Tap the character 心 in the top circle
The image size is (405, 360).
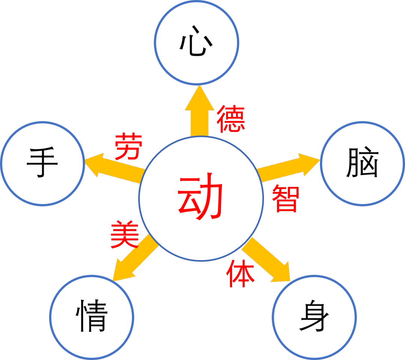click(196, 46)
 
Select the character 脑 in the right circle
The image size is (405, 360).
click(362, 163)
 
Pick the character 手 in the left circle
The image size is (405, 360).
click(42, 163)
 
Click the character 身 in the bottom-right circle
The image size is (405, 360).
click(314, 317)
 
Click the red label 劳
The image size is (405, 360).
click(129, 146)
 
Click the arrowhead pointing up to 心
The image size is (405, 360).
click(199, 98)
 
